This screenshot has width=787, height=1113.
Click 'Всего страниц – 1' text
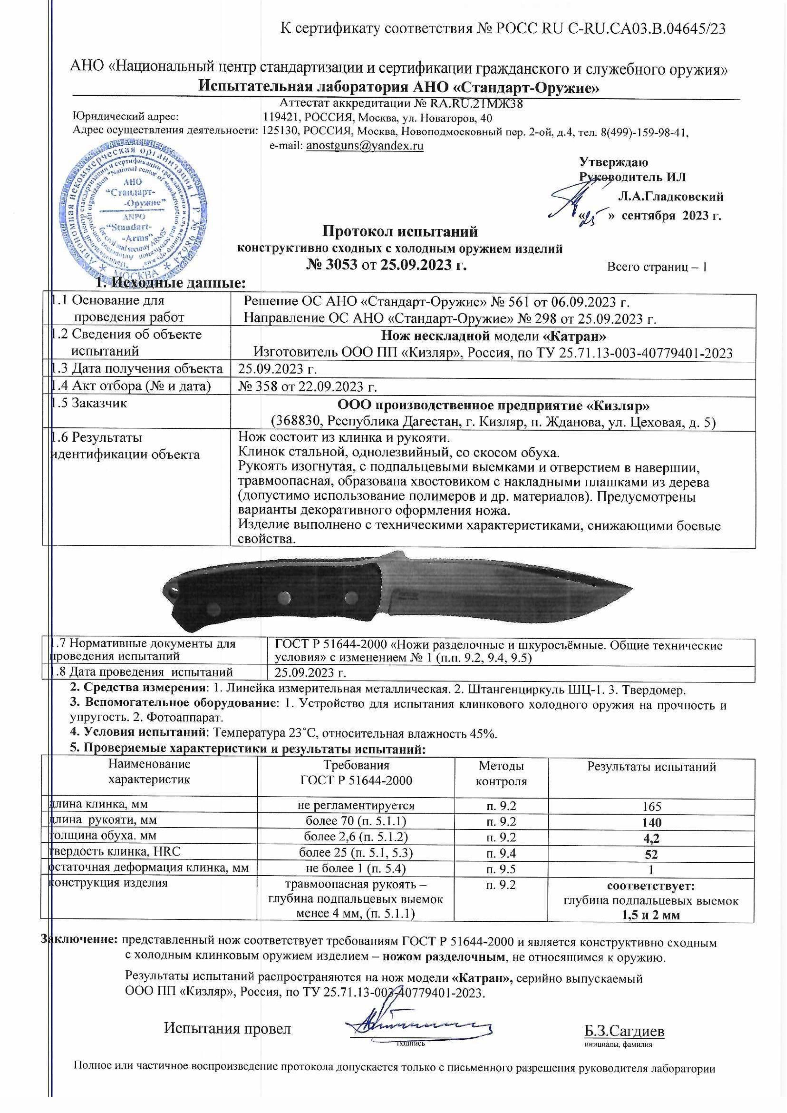tap(657, 267)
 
